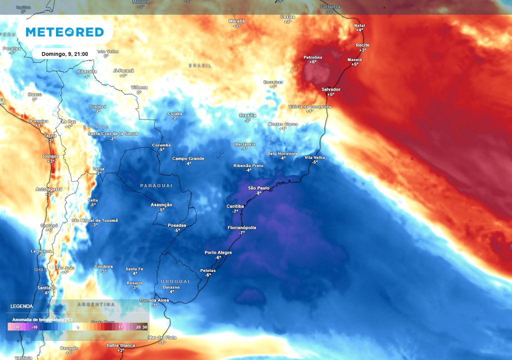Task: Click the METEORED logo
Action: point(64,32)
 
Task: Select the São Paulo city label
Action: point(258,188)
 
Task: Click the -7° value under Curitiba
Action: point(235,211)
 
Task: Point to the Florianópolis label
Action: point(241,227)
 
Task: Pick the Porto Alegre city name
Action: point(218,252)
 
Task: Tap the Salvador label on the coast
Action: point(330,89)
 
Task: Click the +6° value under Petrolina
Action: point(313,62)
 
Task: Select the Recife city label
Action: point(362,45)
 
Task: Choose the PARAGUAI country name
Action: point(156,185)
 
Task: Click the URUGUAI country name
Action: point(175,281)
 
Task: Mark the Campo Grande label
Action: point(188,158)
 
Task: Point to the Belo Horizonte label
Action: point(282,153)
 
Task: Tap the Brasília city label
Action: point(247,115)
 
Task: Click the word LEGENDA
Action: point(21,306)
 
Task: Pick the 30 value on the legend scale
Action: point(144,327)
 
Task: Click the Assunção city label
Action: point(161,204)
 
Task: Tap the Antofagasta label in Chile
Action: point(48,189)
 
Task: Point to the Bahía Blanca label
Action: point(120,345)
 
